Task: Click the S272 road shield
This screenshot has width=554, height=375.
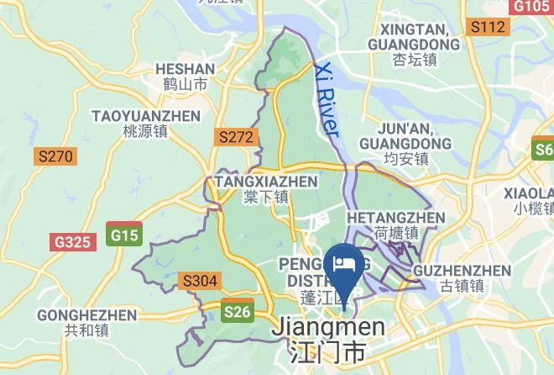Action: pyautogui.click(x=235, y=136)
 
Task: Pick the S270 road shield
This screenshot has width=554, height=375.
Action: pyautogui.click(x=55, y=156)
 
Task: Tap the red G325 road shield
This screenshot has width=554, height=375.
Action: pyautogui.click(x=71, y=242)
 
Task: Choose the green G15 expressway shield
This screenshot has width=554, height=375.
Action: pyautogui.click(x=124, y=235)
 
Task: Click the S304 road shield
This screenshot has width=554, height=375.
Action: pyautogui.click(x=200, y=281)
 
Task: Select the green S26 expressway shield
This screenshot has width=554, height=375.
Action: pyautogui.click(x=237, y=312)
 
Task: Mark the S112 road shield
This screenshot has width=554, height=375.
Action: pyautogui.click(x=488, y=27)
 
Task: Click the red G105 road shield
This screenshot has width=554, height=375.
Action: pyautogui.click(x=530, y=6)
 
